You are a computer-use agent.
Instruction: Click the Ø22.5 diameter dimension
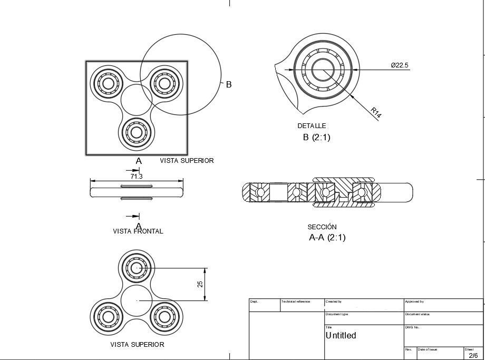coord(399,65)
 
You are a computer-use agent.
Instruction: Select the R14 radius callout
coord(375,112)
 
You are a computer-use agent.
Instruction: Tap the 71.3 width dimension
coord(137,177)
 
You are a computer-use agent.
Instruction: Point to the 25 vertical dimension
coord(200,284)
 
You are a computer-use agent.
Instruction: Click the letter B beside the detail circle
coord(229,84)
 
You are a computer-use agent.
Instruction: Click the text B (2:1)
coord(316,138)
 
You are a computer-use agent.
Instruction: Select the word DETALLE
coord(312,126)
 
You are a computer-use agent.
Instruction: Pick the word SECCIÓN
coord(322,227)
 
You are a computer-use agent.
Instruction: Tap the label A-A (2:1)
coord(327,238)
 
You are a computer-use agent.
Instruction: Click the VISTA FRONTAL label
coord(138,231)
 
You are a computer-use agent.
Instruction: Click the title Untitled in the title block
coord(341,335)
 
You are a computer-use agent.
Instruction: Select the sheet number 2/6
coord(473,355)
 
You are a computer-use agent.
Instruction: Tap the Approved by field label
coord(414,301)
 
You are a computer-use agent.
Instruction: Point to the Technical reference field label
coord(296,301)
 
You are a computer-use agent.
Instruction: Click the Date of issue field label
coord(428,349)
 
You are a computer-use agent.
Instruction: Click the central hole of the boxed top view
coord(137,100)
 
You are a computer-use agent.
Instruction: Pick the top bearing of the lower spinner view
coord(137,268)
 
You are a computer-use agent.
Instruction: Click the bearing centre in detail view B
coord(323,70)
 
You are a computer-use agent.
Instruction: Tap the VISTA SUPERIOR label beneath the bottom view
coord(137,345)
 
